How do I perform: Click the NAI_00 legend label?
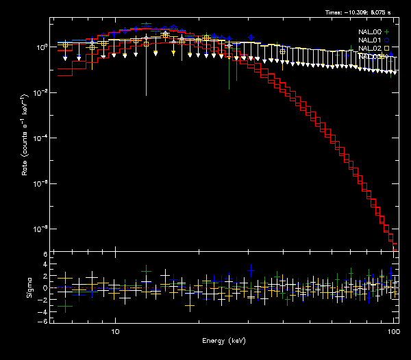coord(370,32)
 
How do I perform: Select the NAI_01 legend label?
coord(370,40)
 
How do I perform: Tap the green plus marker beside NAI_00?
coord(387,32)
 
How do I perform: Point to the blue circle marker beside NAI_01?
coord(387,40)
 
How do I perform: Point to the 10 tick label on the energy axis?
coord(116,331)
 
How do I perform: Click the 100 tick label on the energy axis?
coord(393,331)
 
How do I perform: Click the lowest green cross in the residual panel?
coord(65,307)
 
